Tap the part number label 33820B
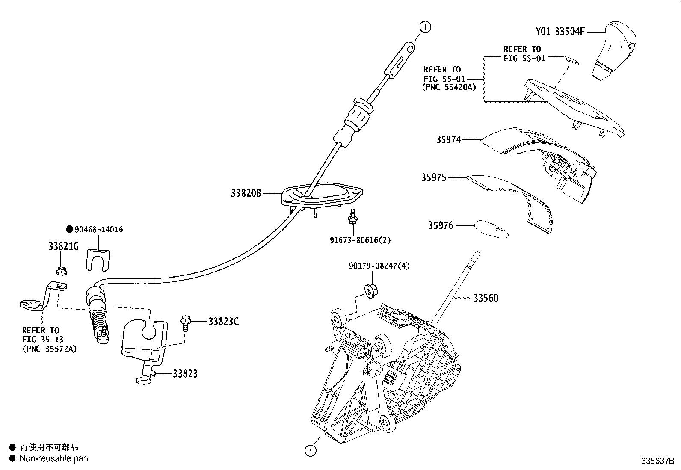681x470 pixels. tap(246, 193)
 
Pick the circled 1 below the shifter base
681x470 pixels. tap(311, 450)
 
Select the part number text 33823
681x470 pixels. tap(185, 374)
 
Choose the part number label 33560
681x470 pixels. tap(486, 298)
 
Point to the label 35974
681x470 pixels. tap(448, 139)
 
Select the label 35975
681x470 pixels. tap(433, 177)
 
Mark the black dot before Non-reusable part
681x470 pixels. tap(12, 458)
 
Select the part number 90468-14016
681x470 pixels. tap(98, 230)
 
